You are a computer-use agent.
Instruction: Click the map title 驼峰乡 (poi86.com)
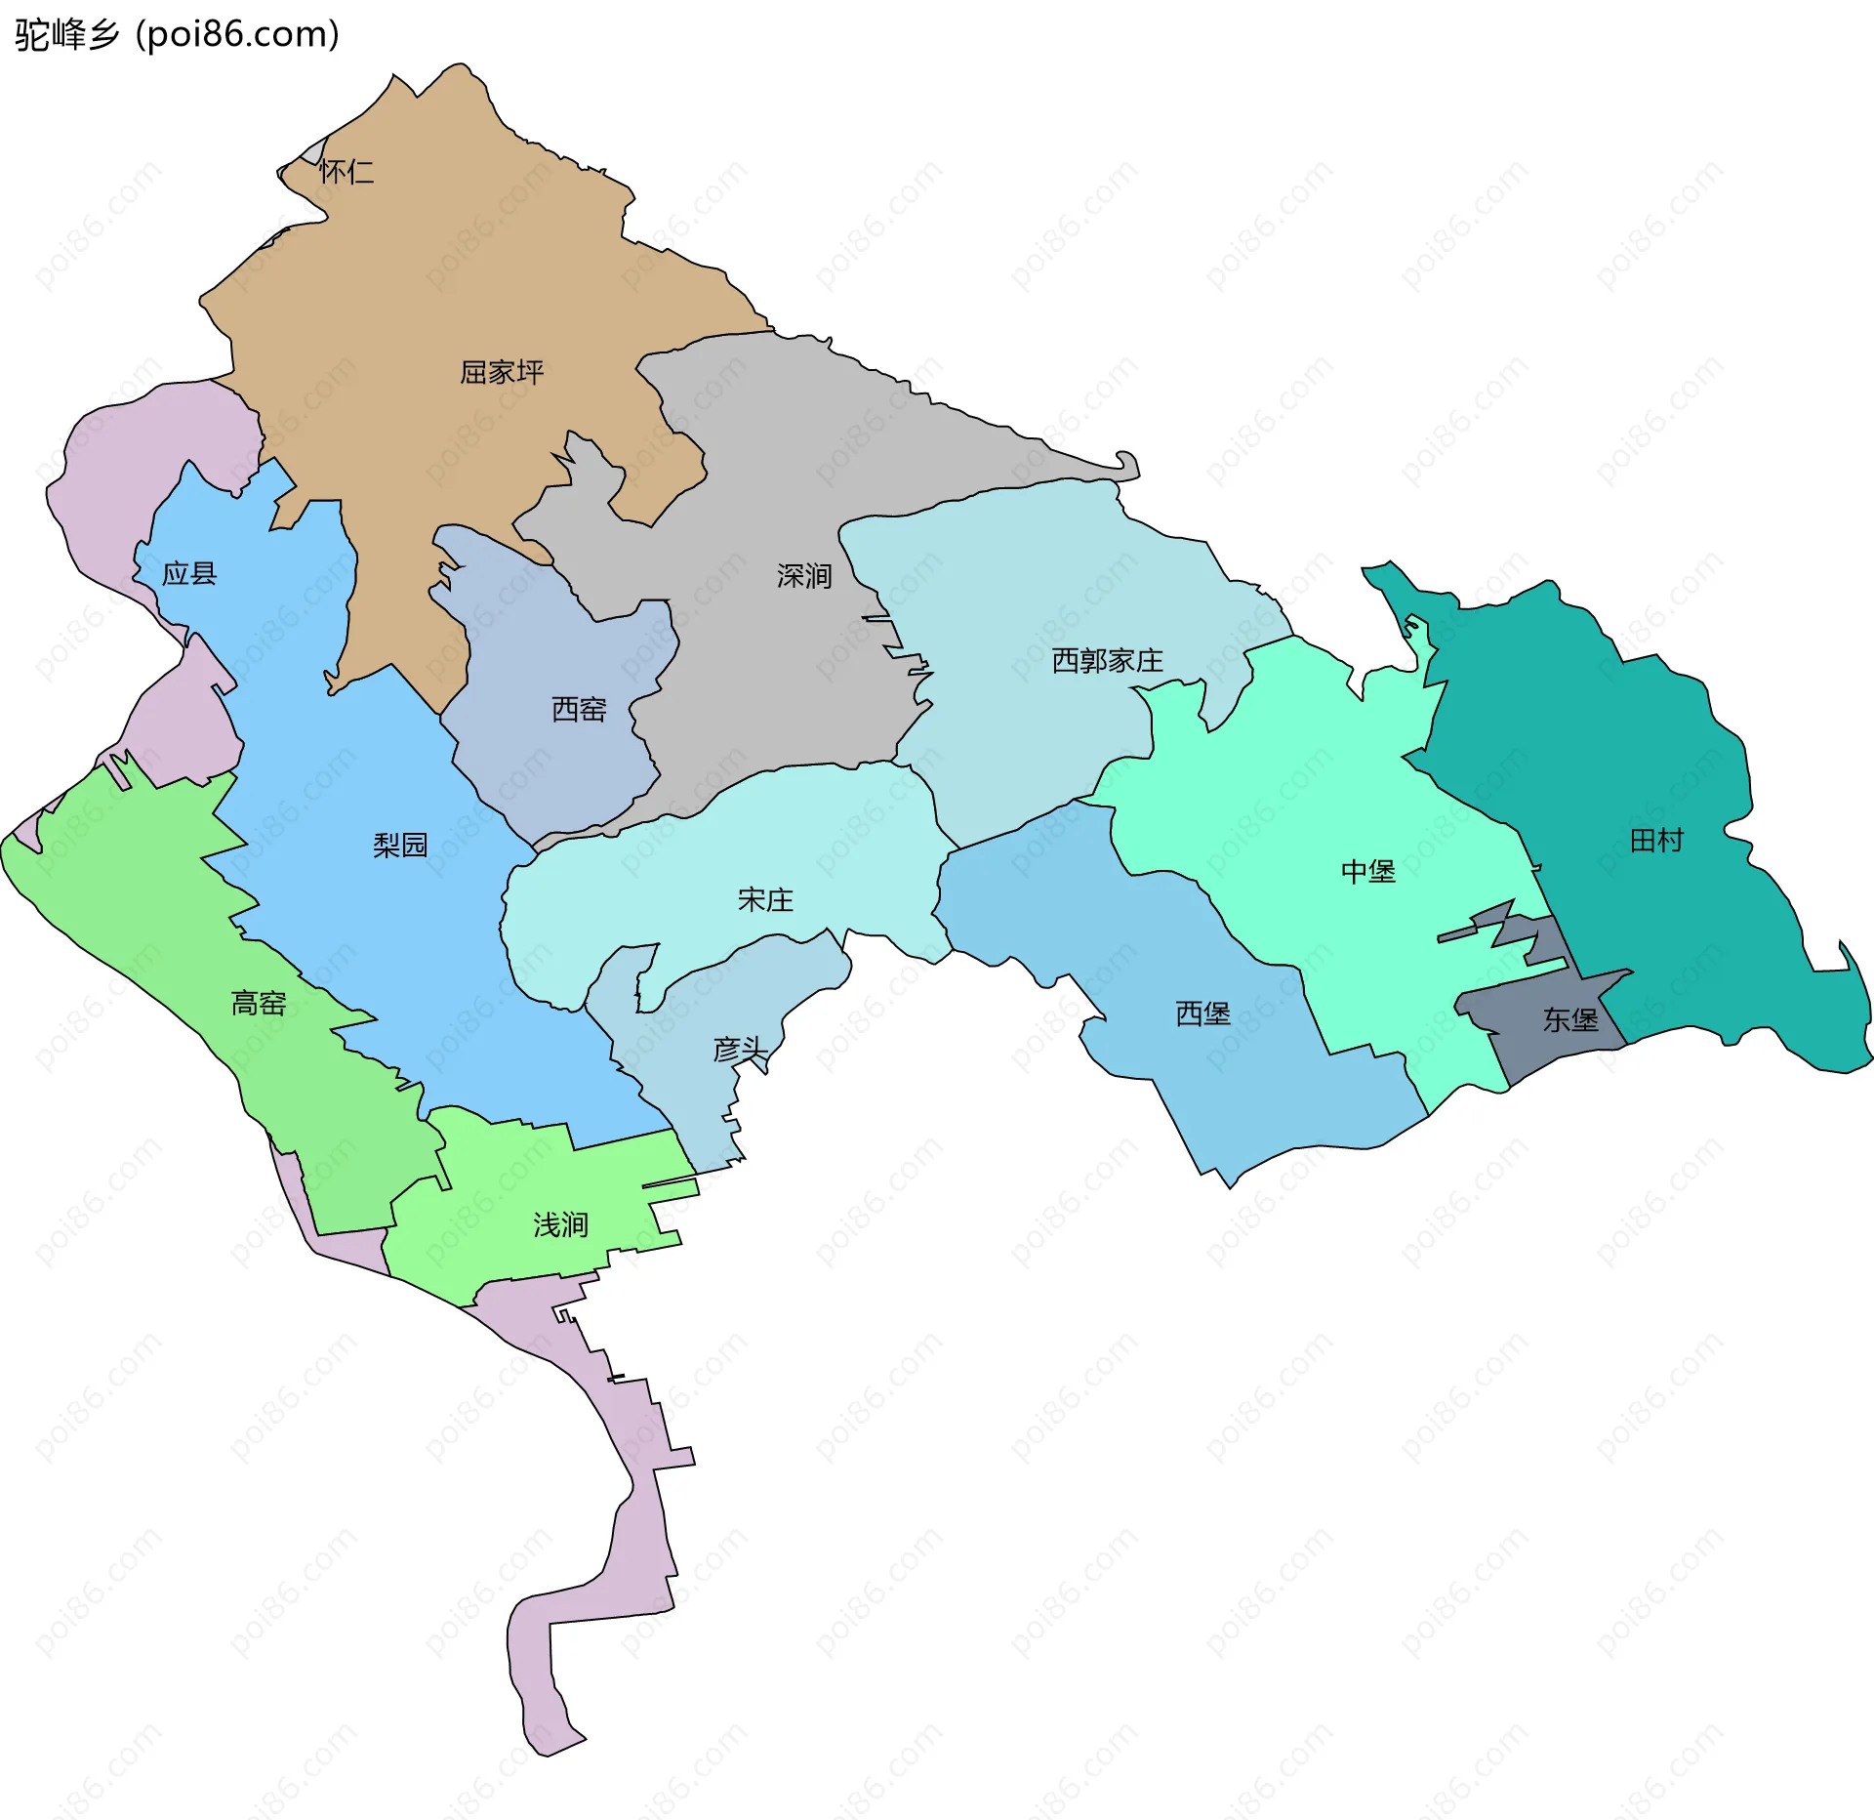point(177,35)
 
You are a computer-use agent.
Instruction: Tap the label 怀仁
point(346,173)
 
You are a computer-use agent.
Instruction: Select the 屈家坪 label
point(502,372)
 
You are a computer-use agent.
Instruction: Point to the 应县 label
point(189,573)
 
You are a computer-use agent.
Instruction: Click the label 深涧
point(804,576)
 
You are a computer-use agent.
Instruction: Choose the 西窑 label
point(579,709)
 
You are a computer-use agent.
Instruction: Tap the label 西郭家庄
point(1107,661)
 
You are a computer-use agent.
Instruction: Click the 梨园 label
point(400,845)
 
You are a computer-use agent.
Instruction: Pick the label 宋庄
point(765,899)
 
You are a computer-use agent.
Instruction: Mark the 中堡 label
point(1367,871)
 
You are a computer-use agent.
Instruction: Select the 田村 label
point(1656,840)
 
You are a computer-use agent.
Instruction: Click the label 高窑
point(259,1003)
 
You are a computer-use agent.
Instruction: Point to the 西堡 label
point(1202,1013)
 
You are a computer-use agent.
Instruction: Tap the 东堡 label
point(1569,1019)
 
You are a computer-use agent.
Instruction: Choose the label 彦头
point(740,1050)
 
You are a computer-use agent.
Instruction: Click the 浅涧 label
point(560,1224)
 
